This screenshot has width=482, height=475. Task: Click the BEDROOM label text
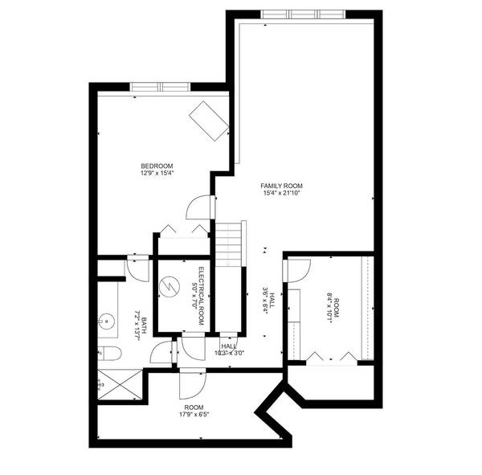click(x=157, y=166)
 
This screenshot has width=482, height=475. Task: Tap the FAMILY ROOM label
click(x=281, y=186)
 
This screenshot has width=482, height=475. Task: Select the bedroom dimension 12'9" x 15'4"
click(x=157, y=173)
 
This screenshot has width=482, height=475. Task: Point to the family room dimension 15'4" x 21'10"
click(x=281, y=193)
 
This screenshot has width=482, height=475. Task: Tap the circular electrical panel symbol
click(x=170, y=287)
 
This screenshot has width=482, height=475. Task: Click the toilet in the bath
click(x=110, y=354)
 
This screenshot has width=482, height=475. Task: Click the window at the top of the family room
click(x=304, y=14)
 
